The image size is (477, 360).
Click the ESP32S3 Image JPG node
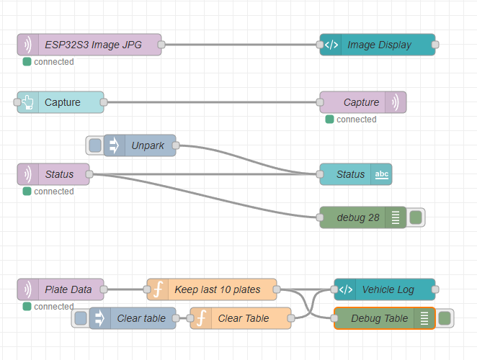[89, 45]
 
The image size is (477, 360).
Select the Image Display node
[378, 45]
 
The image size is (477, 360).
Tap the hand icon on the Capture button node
[28, 102]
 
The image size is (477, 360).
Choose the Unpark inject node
[147, 145]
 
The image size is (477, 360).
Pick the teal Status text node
[350, 174]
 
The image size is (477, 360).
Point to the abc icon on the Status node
[382, 174]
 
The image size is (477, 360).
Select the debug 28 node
[358, 217]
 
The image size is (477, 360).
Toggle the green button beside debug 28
[416, 217]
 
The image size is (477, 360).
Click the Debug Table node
[379, 318]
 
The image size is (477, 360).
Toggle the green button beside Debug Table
[445, 318]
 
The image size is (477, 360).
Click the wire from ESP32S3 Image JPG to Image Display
[241, 45]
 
